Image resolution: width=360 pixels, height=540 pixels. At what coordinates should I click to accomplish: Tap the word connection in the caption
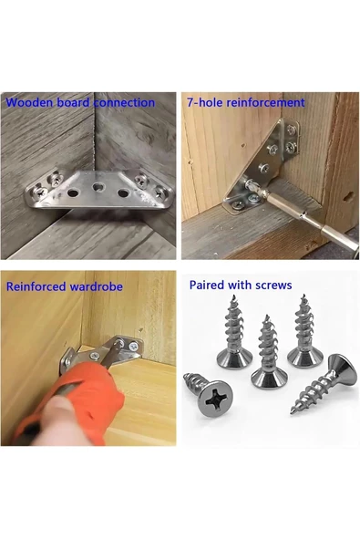coord(124,103)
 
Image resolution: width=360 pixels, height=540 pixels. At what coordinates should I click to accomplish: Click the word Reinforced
coord(36,286)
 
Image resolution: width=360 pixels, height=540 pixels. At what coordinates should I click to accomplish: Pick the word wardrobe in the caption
coord(96,286)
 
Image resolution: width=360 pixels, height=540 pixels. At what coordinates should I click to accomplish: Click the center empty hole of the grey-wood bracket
coord(98,188)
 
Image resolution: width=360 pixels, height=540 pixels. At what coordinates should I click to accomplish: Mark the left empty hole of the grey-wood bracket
coord(73,192)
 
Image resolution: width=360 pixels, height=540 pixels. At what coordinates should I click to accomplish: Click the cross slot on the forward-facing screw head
coord(214,400)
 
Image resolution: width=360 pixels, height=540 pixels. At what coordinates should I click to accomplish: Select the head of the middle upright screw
coord(269,377)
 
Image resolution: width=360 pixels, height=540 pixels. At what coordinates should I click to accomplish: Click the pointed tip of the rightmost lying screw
coord(292,412)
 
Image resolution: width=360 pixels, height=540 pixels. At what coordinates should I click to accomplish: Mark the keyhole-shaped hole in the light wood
coord(349,197)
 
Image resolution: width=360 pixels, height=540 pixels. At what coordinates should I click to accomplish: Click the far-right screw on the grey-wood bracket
coord(160,192)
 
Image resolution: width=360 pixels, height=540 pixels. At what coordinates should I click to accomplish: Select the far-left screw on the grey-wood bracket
coord(39,191)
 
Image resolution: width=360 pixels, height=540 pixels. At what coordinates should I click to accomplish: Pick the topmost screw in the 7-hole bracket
coord(292,130)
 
